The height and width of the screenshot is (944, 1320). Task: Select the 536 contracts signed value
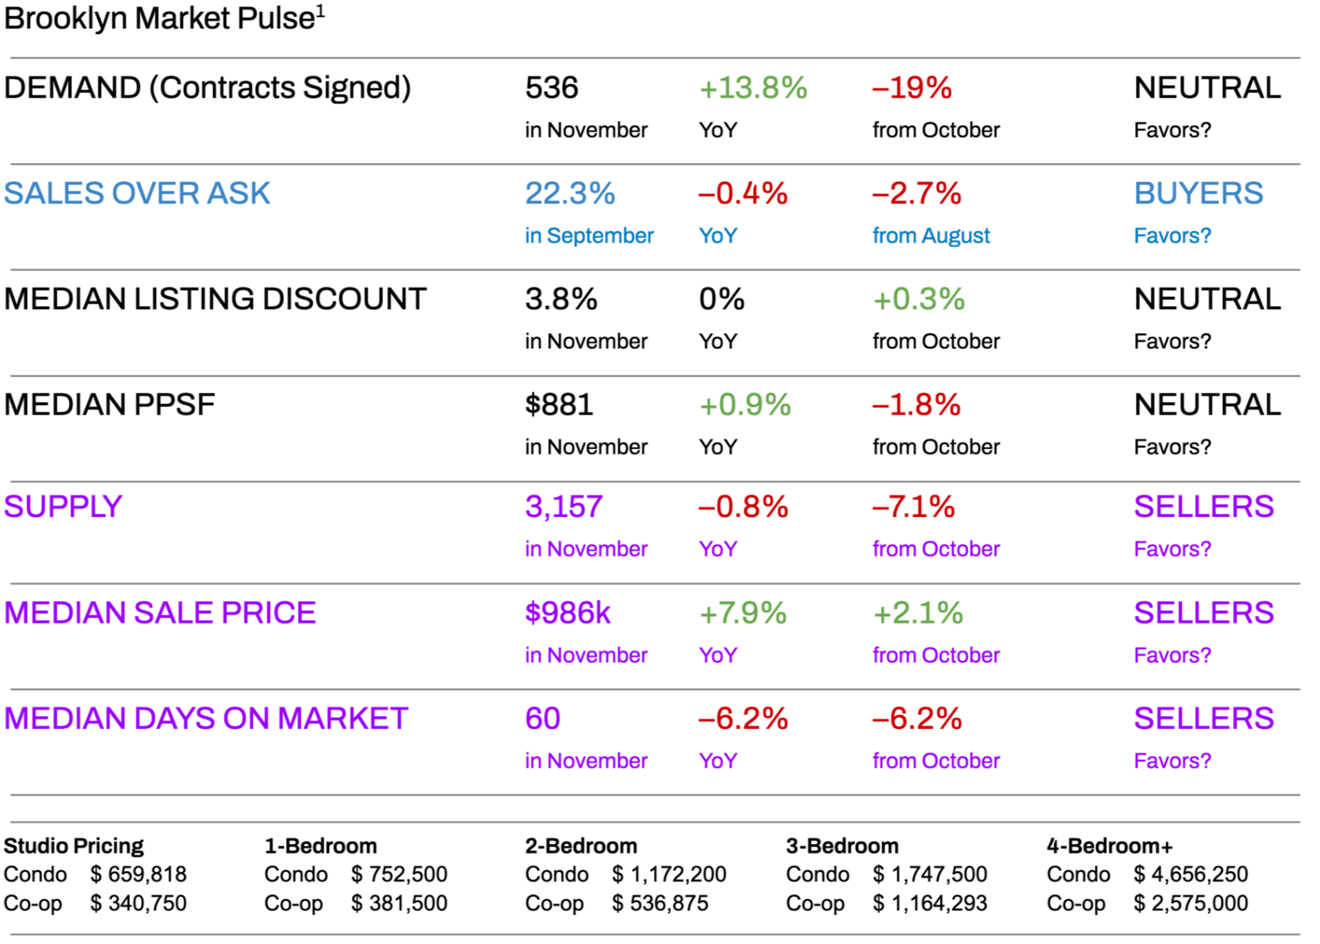[551, 88]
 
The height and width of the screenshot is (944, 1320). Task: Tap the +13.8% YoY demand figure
[753, 88]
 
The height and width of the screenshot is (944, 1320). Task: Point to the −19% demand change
[912, 88]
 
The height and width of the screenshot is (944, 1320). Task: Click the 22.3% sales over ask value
[570, 193]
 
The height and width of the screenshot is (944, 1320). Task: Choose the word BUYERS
[1198, 193]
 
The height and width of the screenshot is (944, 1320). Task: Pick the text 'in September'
[589, 236]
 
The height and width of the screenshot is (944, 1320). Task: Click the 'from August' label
[931, 236]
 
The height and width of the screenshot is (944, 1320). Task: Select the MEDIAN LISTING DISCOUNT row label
[215, 299]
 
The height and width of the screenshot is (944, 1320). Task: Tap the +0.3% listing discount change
[918, 299]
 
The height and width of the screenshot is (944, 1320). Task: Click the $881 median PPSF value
[559, 405]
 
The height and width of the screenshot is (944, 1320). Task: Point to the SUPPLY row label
[63, 507]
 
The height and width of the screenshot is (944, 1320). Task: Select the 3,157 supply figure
[564, 507]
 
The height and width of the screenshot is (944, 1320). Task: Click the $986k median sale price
[568, 613]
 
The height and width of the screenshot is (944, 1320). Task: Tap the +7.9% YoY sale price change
[742, 613]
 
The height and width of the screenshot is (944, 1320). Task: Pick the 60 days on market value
[542, 718]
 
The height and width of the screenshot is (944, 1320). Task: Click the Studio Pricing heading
[74, 846]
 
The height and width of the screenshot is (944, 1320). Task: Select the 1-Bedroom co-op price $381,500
[399, 903]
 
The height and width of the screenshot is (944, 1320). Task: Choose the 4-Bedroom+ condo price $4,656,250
[1191, 874]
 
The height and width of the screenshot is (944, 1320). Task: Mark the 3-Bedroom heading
[842, 846]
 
